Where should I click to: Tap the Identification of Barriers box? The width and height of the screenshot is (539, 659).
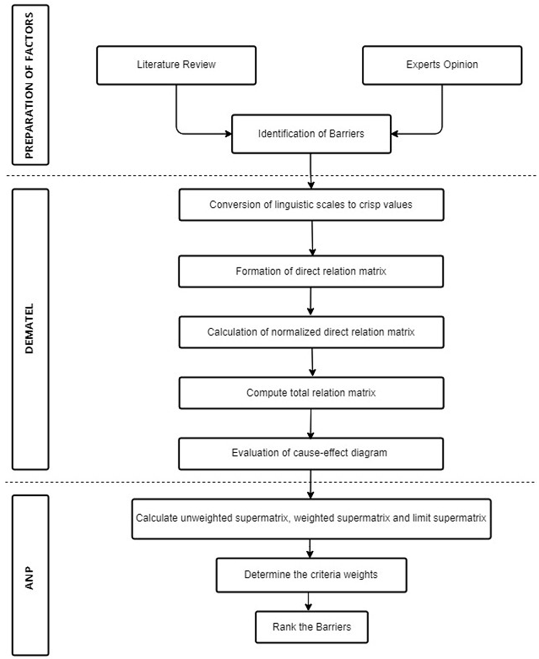[311, 134]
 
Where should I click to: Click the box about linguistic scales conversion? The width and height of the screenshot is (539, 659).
[311, 205]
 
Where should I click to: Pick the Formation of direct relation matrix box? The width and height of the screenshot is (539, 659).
[311, 271]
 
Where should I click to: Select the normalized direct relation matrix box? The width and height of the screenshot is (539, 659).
[311, 332]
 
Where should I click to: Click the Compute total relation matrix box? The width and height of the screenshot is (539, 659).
[311, 393]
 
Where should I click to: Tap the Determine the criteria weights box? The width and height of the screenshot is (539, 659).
[311, 575]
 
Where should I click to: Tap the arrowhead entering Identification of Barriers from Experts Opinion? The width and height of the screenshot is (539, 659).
[395, 134]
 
